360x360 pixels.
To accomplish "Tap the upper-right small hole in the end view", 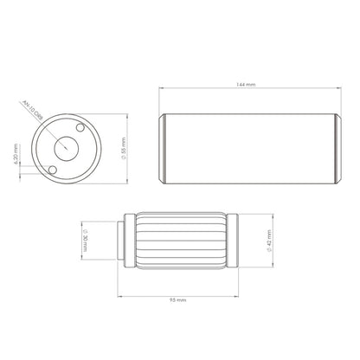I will (80, 129).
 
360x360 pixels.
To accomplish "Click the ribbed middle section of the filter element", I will (179, 239).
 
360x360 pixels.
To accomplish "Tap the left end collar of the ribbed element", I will (134, 239).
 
